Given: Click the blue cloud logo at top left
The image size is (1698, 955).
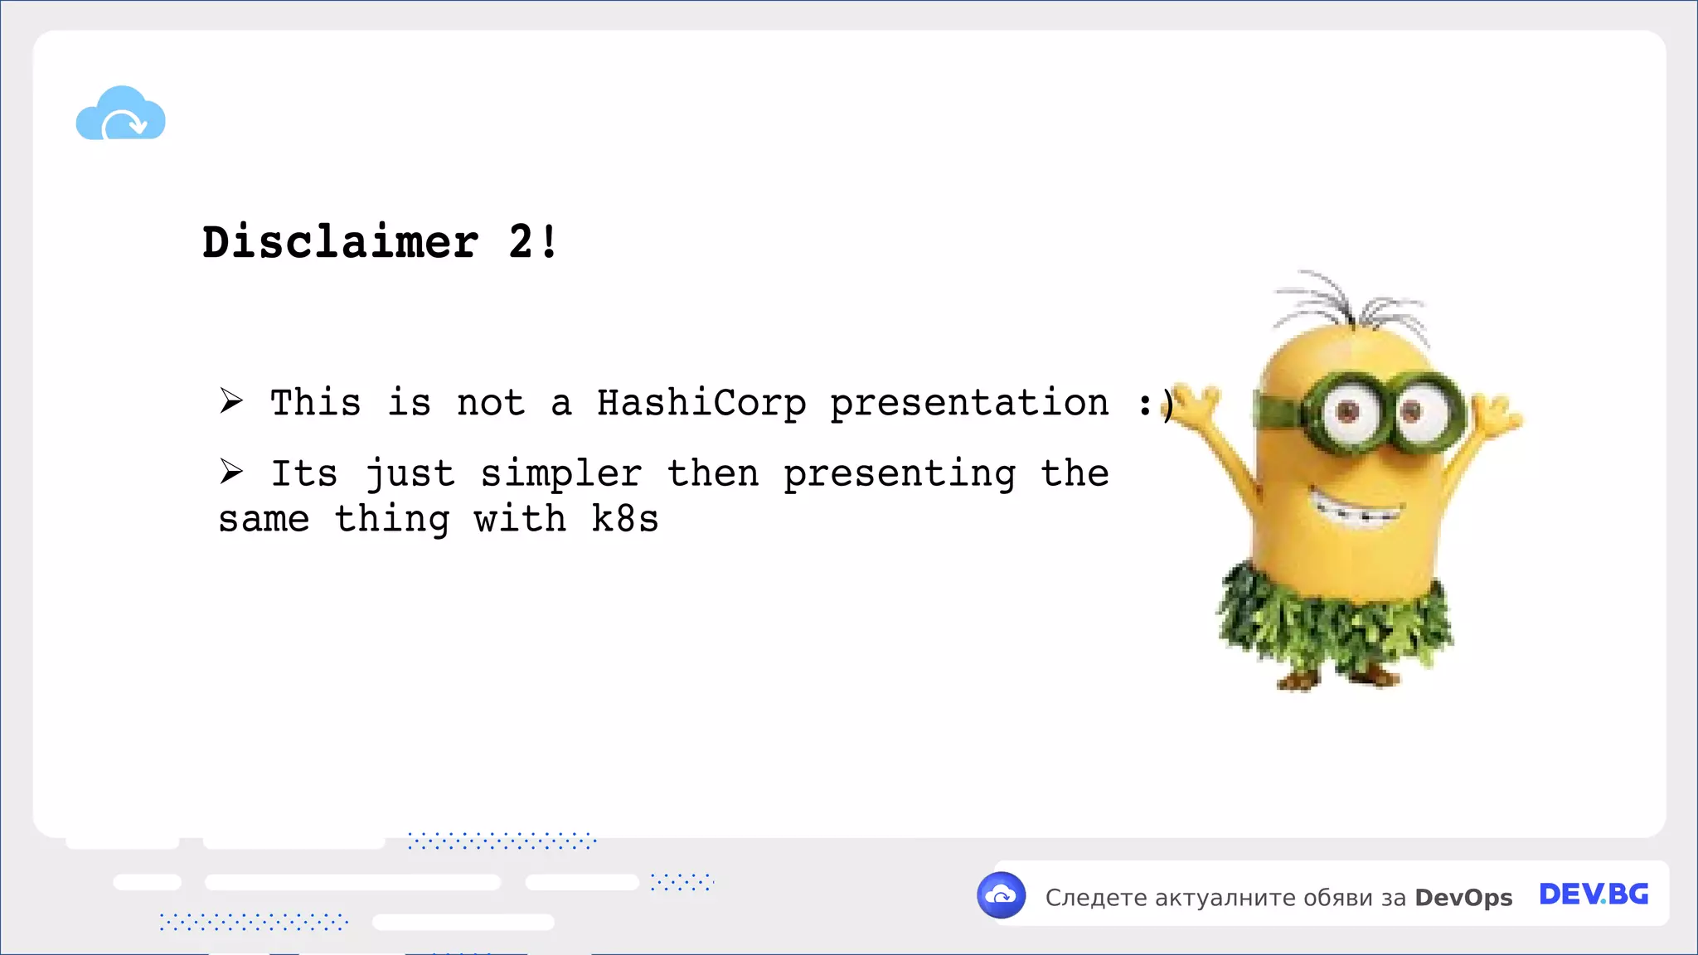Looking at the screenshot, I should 121,114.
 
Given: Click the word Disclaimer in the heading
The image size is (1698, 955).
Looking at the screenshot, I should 340,242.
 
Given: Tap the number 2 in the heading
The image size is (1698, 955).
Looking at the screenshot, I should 521,242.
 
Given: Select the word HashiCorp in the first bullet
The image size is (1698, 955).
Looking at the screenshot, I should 701,403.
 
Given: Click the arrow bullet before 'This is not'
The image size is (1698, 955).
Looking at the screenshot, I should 231,400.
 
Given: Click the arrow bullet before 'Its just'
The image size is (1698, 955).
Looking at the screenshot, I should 231,471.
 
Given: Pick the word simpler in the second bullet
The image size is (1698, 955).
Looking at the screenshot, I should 561,474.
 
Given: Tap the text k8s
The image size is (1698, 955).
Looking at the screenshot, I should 625,520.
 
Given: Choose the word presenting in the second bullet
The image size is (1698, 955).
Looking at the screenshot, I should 900,474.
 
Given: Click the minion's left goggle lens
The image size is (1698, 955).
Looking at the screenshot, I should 1348,412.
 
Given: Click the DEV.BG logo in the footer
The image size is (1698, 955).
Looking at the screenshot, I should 1594,894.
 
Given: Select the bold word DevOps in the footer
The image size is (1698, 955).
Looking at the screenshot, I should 1463,897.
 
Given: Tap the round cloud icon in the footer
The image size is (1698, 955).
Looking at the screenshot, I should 1002,895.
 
